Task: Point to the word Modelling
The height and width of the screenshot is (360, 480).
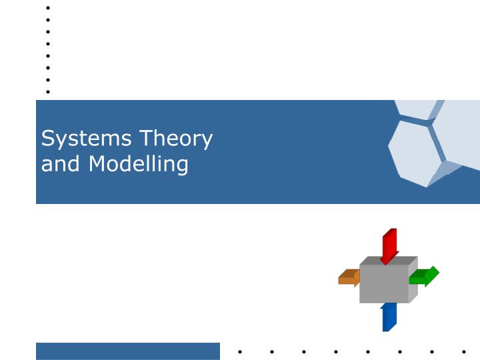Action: [139, 163]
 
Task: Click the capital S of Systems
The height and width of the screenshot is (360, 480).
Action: [47, 139]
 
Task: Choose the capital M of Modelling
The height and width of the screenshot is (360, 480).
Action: [98, 163]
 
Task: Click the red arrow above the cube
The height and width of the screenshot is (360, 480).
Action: [389, 245]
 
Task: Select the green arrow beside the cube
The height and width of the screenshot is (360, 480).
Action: [425, 276]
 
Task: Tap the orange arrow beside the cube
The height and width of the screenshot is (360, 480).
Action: [348, 277]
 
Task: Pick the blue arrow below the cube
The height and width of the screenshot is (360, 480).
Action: [389, 317]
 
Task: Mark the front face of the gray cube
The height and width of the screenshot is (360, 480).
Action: [384, 284]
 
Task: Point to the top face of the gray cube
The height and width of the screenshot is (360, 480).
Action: [389, 261]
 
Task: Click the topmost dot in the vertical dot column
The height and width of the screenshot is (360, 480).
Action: [48, 8]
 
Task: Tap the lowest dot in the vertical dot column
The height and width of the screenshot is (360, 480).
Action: [48, 91]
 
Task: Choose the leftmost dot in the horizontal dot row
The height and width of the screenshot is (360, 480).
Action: [240, 351]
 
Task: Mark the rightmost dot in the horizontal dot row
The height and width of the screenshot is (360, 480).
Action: [463, 351]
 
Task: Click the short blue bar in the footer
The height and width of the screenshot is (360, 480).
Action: [127, 351]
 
